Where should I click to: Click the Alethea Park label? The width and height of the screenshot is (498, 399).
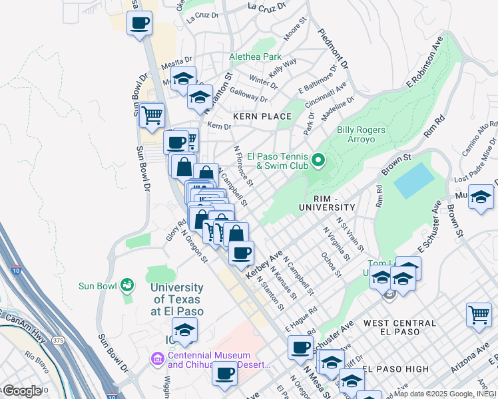(x=255, y=57)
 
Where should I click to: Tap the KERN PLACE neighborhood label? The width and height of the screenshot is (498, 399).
(x=262, y=116)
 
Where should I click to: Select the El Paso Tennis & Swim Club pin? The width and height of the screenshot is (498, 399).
(x=318, y=160)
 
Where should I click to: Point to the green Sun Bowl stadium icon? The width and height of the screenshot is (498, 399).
(x=126, y=285)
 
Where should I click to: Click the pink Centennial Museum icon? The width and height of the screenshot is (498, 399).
(x=158, y=360)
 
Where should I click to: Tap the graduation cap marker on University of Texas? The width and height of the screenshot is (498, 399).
(x=184, y=329)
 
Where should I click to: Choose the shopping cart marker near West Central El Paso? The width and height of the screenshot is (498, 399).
(x=479, y=315)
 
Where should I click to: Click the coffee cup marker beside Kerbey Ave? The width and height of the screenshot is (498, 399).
(x=241, y=252)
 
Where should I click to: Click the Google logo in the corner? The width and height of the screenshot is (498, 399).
(x=22, y=390)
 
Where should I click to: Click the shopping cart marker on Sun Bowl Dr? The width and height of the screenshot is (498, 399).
(x=152, y=115)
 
